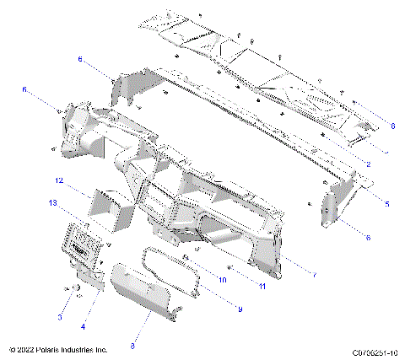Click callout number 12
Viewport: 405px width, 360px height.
60,180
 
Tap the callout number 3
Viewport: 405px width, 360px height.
60,316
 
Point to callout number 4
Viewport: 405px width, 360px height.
83,326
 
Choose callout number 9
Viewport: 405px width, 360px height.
240,309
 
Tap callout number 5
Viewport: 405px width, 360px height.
387,203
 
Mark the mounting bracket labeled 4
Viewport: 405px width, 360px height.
88,277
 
